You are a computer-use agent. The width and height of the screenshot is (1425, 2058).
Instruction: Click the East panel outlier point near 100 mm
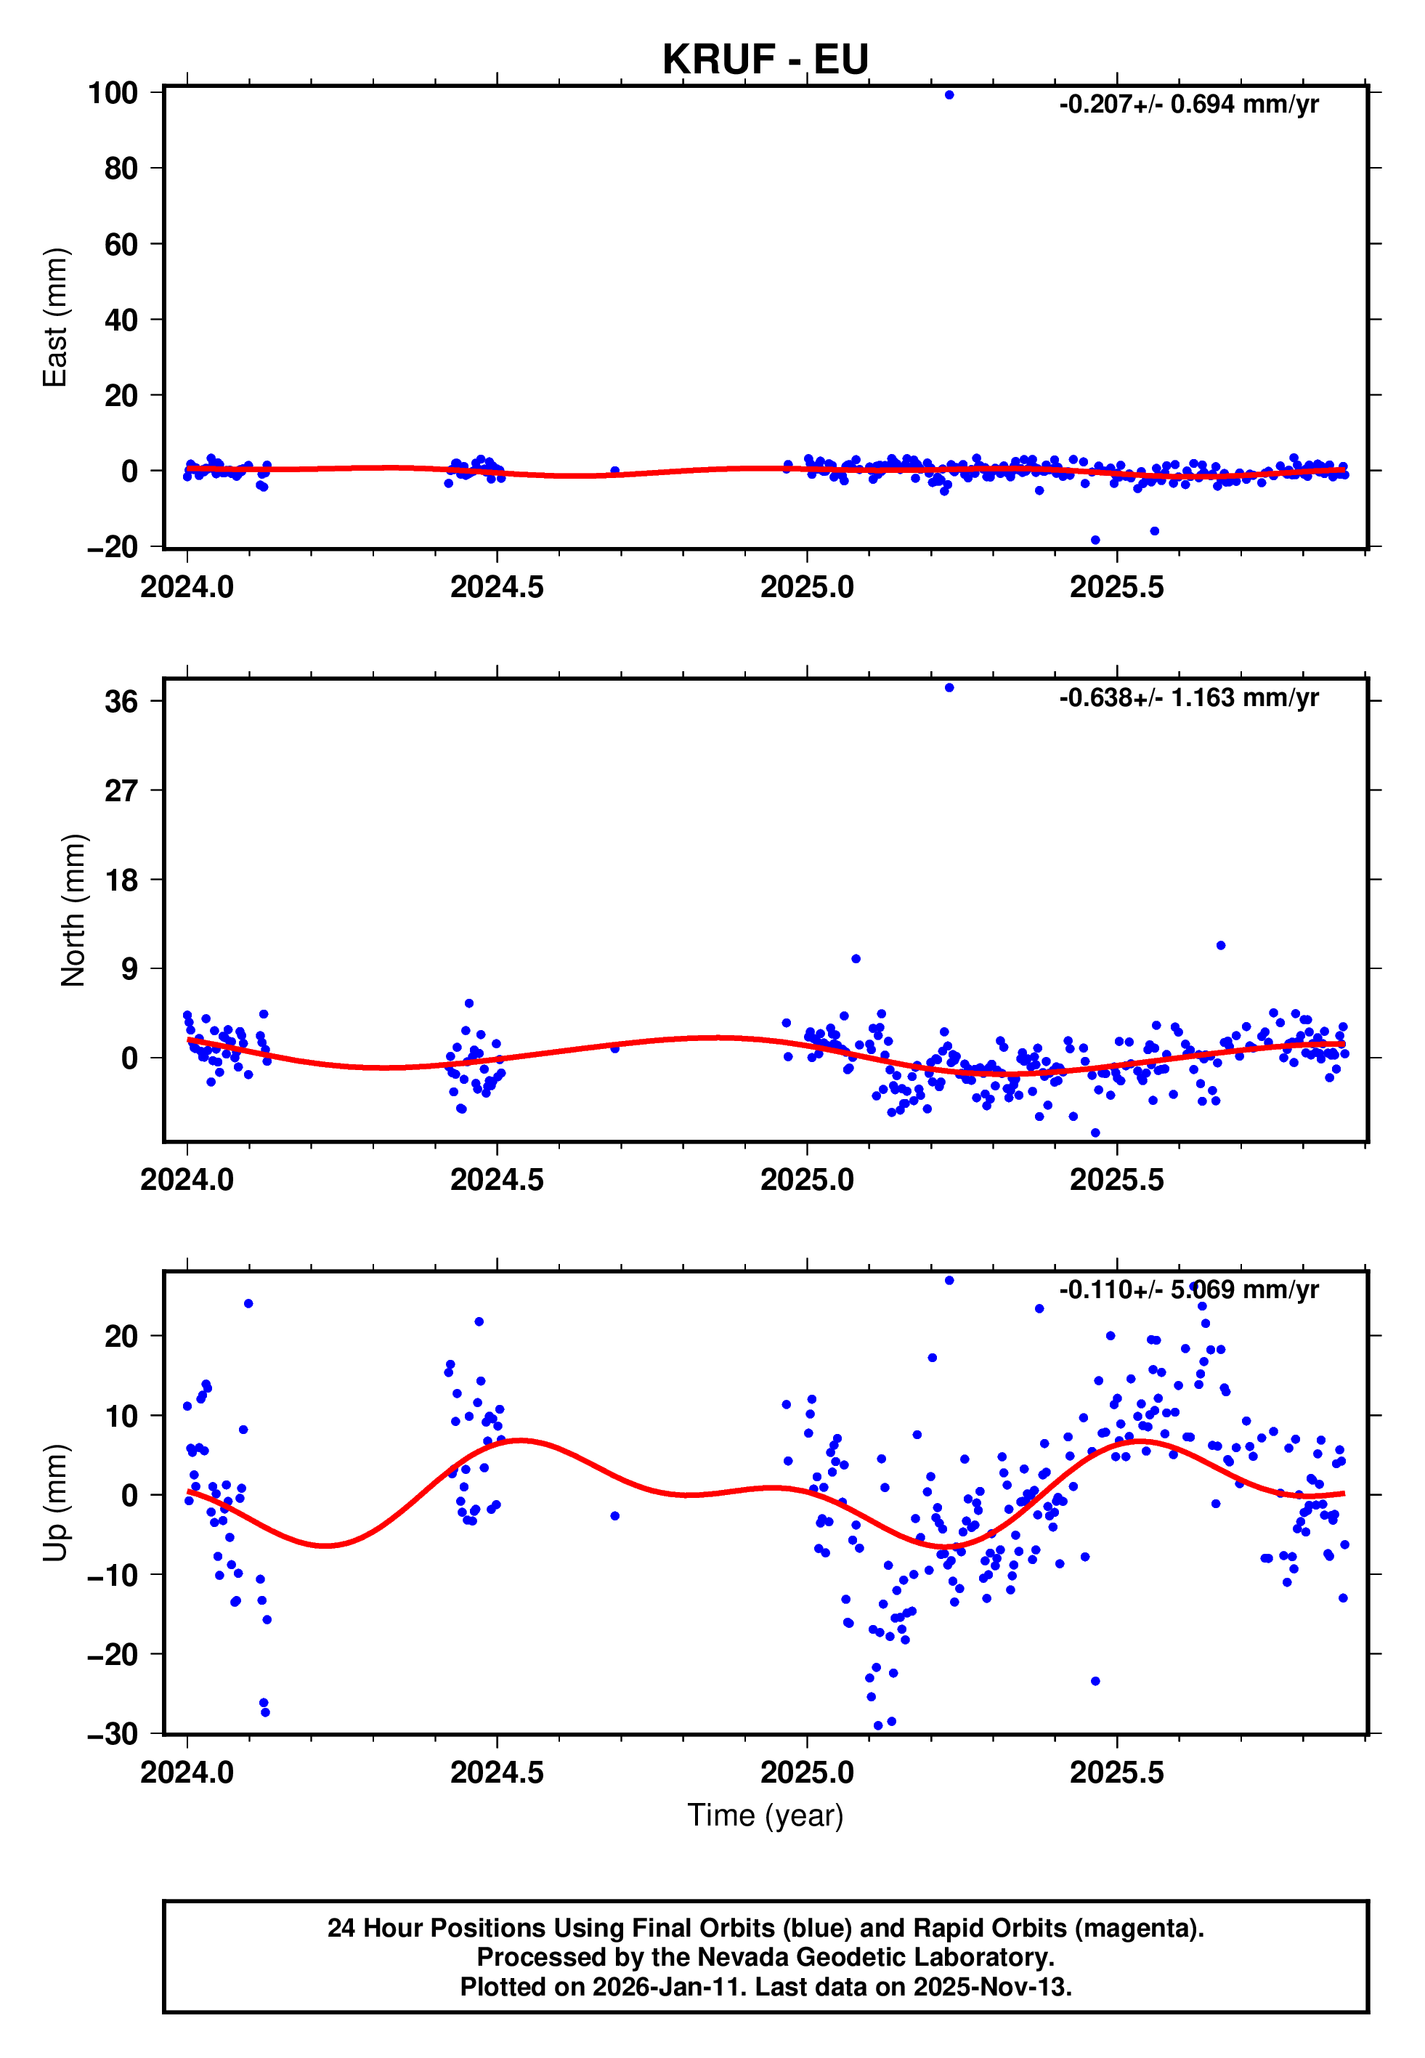tap(949, 94)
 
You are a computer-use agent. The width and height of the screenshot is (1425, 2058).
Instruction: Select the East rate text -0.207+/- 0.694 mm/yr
tap(1187, 105)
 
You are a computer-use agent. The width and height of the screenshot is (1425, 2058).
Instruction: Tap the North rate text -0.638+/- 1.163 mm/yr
tap(1187, 697)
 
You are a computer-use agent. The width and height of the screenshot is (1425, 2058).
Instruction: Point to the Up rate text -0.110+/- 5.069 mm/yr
tap(1187, 1289)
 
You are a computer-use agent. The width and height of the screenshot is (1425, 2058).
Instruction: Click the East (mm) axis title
tap(55, 318)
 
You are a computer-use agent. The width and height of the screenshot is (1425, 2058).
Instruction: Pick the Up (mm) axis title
tap(55, 1503)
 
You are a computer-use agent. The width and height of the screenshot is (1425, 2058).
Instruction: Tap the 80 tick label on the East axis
tap(121, 168)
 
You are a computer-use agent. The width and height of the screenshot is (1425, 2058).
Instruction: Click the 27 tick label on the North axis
tap(121, 790)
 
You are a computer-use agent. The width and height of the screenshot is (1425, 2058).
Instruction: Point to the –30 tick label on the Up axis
tap(113, 1734)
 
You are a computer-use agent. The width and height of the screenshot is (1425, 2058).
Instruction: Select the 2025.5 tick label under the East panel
tap(1116, 588)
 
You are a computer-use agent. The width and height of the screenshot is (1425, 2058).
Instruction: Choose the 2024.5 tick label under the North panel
tap(497, 1180)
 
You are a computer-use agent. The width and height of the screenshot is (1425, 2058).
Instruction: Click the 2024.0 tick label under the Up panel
tap(187, 1773)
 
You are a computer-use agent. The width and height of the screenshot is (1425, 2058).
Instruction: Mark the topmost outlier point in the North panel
tap(949, 687)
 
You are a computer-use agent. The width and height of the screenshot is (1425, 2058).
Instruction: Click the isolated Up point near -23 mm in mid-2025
tap(1095, 1681)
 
